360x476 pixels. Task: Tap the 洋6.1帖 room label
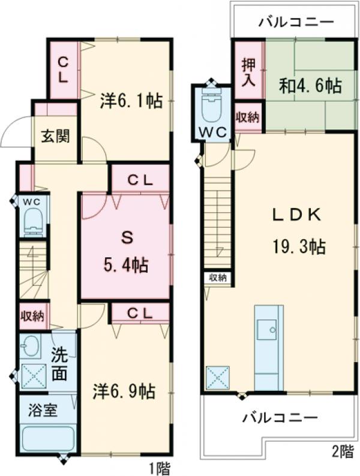(131, 101)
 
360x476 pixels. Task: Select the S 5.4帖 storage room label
(125, 251)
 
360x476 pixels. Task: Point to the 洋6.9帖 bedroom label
(124, 391)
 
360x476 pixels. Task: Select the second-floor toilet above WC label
(212, 107)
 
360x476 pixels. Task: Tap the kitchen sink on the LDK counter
(267, 329)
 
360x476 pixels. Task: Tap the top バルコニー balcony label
(296, 23)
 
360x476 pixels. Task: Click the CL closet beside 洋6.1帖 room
(64, 69)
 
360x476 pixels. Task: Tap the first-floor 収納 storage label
(32, 315)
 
